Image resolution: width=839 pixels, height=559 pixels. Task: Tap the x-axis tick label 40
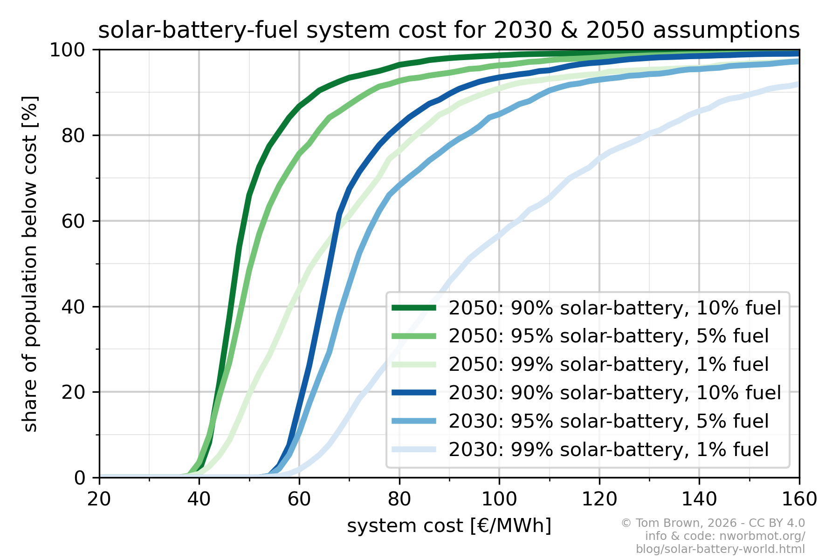click(x=199, y=499)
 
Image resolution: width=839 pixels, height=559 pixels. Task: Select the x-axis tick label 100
click(x=499, y=499)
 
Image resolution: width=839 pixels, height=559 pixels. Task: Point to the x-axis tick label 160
click(x=799, y=499)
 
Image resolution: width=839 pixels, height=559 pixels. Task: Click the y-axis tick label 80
click(x=74, y=136)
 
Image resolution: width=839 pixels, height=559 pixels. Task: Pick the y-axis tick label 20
click(x=74, y=392)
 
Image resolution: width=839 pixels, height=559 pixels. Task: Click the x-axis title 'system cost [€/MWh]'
click(x=449, y=525)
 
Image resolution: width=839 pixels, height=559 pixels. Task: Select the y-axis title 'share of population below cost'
click(x=30, y=264)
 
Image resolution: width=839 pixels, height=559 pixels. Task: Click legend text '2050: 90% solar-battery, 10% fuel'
click(x=614, y=308)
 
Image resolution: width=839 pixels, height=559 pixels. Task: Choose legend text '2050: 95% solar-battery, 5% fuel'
click(x=608, y=336)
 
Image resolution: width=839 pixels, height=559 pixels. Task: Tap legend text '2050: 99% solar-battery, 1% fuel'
click(x=608, y=364)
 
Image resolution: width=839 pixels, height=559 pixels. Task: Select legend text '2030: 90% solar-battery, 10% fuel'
click(x=614, y=393)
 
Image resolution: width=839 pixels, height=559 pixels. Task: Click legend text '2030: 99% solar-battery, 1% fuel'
click(x=608, y=450)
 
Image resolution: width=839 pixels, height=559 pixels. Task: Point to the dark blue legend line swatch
click(x=414, y=393)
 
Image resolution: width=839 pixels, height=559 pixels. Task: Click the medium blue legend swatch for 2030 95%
click(x=414, y=421)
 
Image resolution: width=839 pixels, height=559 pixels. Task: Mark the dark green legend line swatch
click(x=414, y=307)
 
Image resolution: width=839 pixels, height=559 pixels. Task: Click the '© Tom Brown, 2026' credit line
click(x=713, y=523)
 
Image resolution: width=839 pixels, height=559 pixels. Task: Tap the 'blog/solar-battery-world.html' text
click(x=720, y=549)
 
